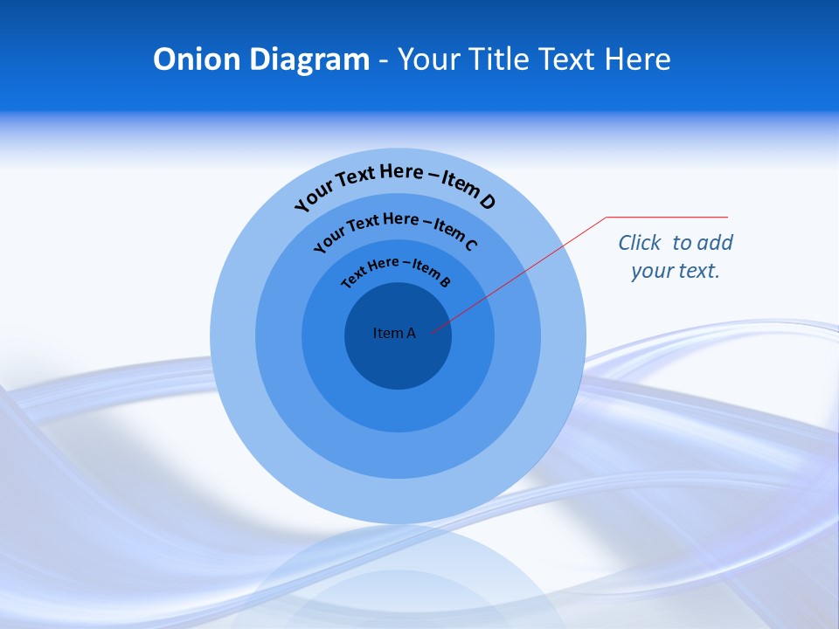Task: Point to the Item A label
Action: click(x=394, y=333)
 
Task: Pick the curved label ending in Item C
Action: click(x=395, y=232)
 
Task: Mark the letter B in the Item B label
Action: click(x=445, y=281)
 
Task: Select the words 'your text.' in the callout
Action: click(x=675, y=271)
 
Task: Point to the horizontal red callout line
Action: click(x=667, y=217)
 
